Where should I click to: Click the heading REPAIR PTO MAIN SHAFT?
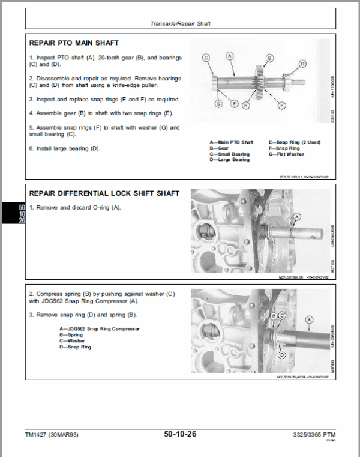click(74, 43)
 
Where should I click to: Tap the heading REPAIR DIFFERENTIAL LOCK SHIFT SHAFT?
click(104, 193)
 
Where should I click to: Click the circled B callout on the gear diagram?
click(269, 58)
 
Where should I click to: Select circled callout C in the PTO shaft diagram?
click(206, 58)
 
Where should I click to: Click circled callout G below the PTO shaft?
click(218, 104)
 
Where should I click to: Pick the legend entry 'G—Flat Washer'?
click(286, 154)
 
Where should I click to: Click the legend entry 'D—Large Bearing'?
click(230, 160)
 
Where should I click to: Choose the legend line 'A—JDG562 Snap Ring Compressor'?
click(100, 329)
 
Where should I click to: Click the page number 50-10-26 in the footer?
click(180, 433)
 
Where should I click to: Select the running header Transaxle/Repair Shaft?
click(180, 24)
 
